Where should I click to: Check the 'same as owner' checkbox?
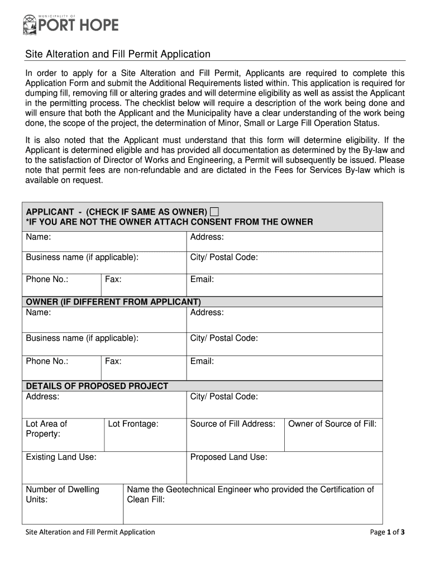[x=214, y=212]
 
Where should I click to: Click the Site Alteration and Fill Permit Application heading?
[x=118, y=54]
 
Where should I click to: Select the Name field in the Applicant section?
[x=104, y=242]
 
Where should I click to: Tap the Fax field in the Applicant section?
[x=144, y=284]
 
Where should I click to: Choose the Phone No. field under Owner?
[x=62, y=368]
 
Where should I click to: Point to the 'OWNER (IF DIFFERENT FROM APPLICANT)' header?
[x=113, y=302]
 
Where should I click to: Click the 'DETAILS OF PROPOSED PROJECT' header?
[x=97, y=386]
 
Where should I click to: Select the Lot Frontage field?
[x=145, y=435]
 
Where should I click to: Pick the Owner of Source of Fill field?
[x=333, y=435]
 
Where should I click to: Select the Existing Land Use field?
[x=104, y=468]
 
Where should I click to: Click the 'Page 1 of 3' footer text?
[x=387, y=532]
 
